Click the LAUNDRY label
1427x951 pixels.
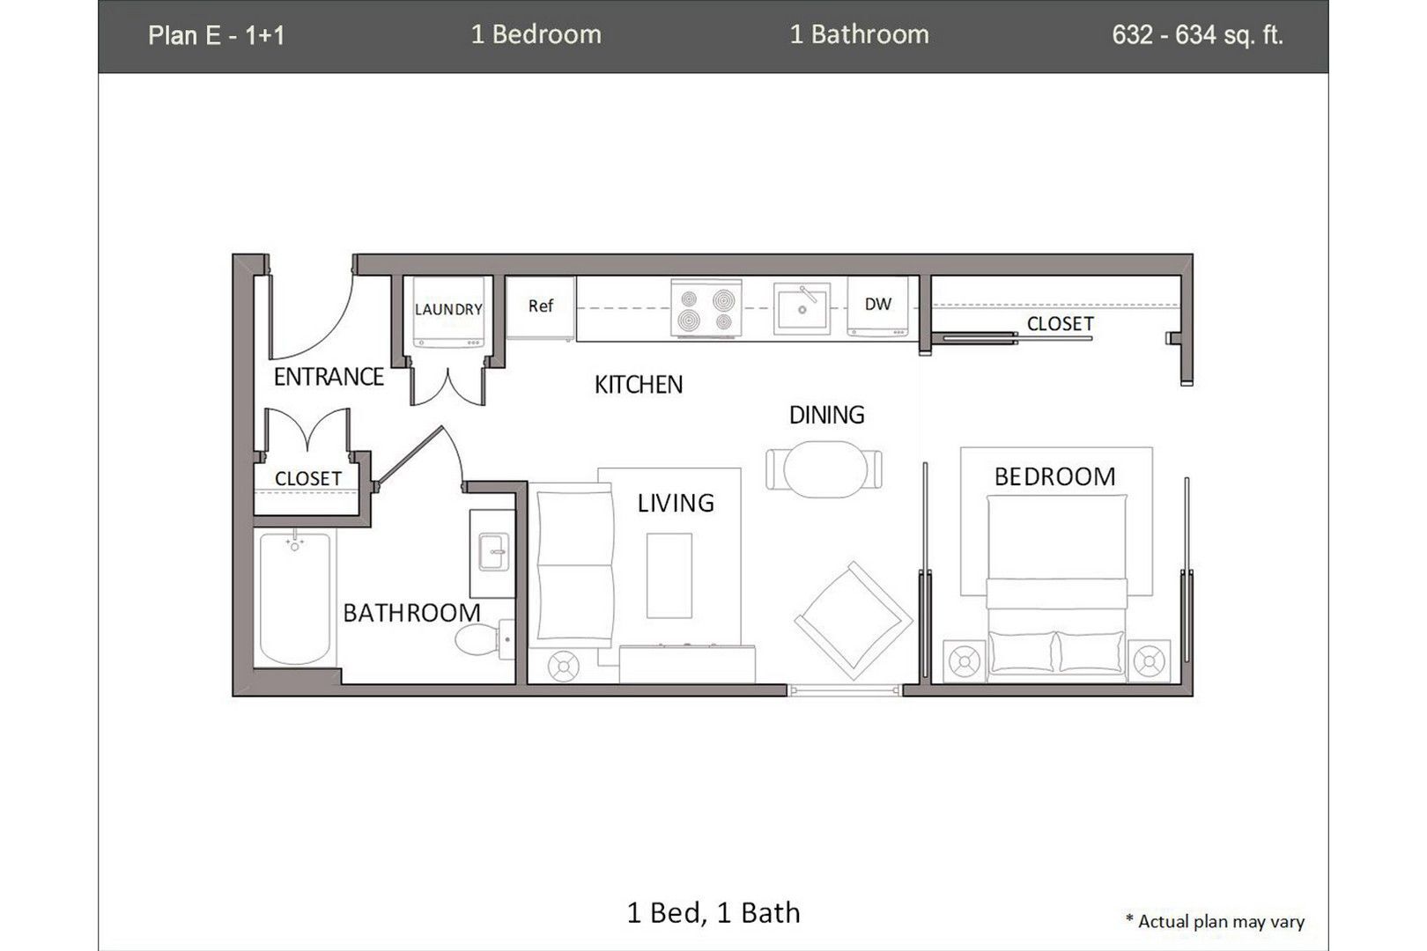pyautogui.click(x=448, y=309)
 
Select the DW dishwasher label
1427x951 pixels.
pyautogui.click(x=877, y=305)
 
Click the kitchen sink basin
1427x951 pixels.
pyautogui.click(x=802, y=309)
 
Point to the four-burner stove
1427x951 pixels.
pyautogui.click(x=706, y=309)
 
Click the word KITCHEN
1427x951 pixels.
pyautogui.click(x=638, y=385)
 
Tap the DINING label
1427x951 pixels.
pyautogui.click(x=826, y=415)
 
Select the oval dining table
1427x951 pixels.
pyautogui.click(x=824, y=468)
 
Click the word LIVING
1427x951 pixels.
pyautogui.click(x=676, y=504)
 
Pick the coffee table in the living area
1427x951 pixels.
pyautogui.click(x=669, y=575)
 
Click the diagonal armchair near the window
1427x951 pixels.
pyautogui.click(x=853, y=621)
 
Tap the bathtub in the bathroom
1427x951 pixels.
pyautogui.click(x=295, y=598)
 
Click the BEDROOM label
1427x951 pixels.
pyautogui.click(x=1054, y=477)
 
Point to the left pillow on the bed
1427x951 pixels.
pyautogui.click(x=1022, y=652)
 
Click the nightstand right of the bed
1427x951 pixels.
pyautogui.click(x=1150, y=661)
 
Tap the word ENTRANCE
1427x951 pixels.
pyautogui.click(x=328, y=377)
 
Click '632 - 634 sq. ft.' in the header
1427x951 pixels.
pyautogui.click(x=1197, y=35)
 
